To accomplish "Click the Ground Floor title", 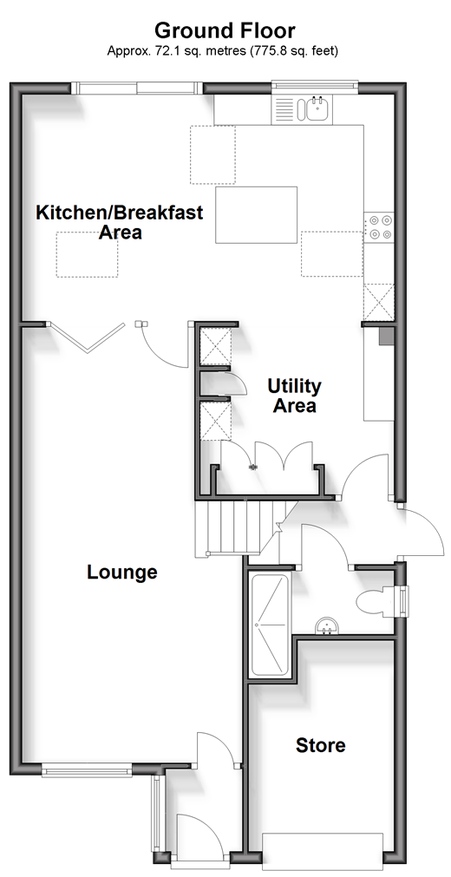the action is pos(225,29).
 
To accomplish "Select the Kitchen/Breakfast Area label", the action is pos(119,222).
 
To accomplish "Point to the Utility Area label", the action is pos(294,396).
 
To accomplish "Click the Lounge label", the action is pos(122,573).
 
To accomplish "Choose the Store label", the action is pos(321,745).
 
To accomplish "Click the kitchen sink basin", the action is pos(317,109).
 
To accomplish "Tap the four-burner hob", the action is pos(380,227).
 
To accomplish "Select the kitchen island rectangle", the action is pos(256,215).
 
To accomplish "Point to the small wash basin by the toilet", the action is pos(326,626).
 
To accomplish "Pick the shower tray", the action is pos(271,625).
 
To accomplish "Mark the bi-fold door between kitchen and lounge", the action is pos(86,337).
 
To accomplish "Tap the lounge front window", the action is pos(87,770).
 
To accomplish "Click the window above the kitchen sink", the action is pos(315,86).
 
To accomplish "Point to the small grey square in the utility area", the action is pos(387,337).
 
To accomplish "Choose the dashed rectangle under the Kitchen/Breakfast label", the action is pos(87,254).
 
